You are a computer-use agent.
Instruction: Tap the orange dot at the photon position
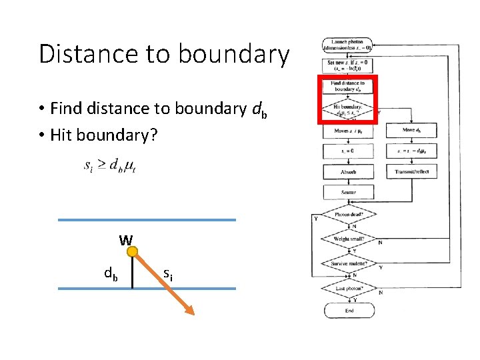click(x=133, y=252)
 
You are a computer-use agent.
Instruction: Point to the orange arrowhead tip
click(x=191, y=311)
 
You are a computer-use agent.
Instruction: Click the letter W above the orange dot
click(x=125, y=239)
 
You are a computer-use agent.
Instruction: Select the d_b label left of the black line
click(x=111, y=273)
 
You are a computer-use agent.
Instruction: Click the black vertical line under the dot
click(x=133, y=273)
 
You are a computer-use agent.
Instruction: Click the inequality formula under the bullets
click(x=110, y=165)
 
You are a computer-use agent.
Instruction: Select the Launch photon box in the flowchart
click(x=348, y=45)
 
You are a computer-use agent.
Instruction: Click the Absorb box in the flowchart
click(x=348, y=172)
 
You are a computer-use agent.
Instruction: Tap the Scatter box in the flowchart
click(x=348, y=192)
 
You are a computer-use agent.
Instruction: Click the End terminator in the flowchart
click(x=349, y=311)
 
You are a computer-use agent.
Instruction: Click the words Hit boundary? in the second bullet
click(x=104, y=135)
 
